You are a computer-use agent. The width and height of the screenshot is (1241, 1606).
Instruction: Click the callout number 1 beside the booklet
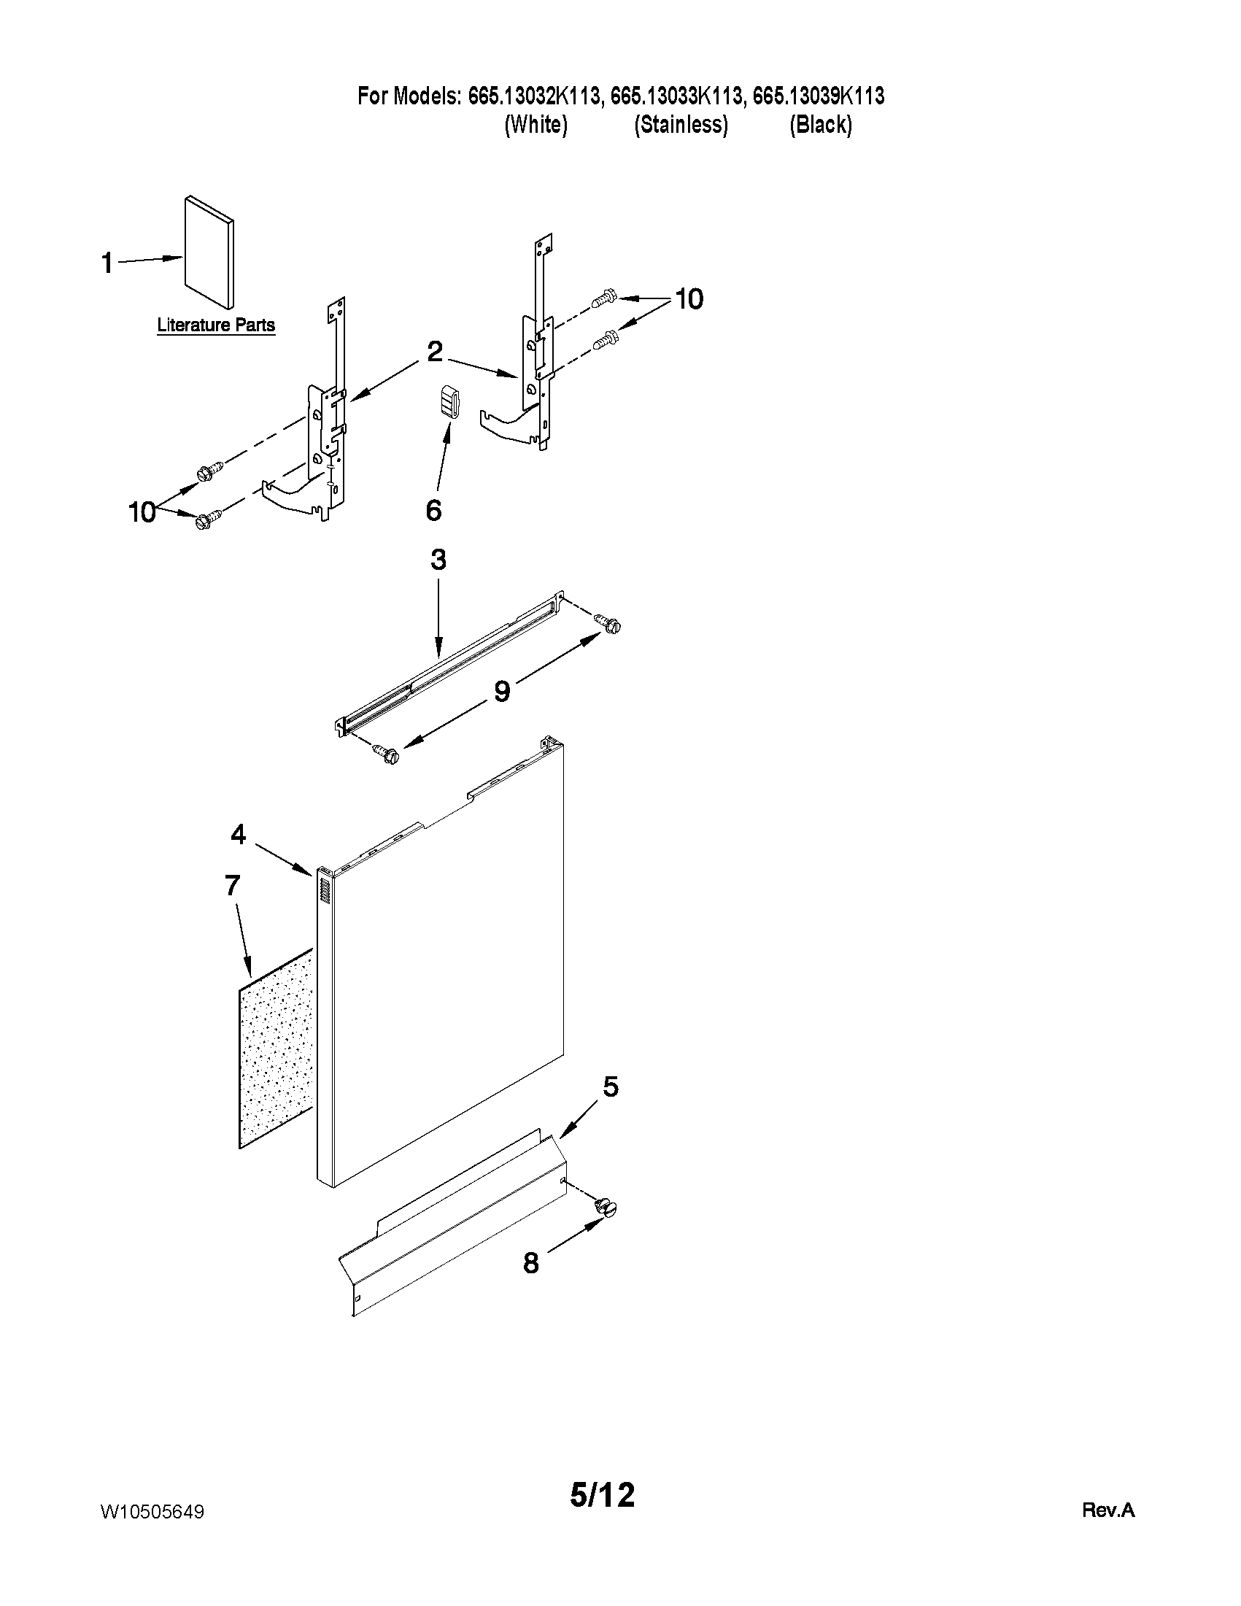click(x=107, y=263)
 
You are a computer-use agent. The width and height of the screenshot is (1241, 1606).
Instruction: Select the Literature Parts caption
click(x=216, y=325)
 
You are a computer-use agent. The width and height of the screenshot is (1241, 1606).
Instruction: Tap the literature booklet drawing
click(x=209, y=251)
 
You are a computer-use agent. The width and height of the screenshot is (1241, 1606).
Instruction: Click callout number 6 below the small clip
click(x=434, y=509)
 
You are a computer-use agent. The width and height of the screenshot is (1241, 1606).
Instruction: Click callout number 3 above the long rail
click(x=438, y=560)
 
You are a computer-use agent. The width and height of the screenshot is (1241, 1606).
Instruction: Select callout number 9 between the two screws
click(x=502, y=691)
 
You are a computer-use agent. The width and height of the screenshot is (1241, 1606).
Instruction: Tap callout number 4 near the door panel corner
click(x=238, y=834)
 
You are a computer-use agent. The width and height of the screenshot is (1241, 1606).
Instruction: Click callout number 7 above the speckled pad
click(x=232, y=885)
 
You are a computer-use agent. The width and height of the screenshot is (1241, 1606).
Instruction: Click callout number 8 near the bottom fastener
click(x=531, y=1263)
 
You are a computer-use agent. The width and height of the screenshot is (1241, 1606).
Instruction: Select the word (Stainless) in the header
click(x=681, y=125)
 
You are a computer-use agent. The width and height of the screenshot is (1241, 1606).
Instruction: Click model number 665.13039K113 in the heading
click(x=819, y=96)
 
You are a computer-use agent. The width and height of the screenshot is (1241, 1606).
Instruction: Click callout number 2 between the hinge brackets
click(x=435, y=352)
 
